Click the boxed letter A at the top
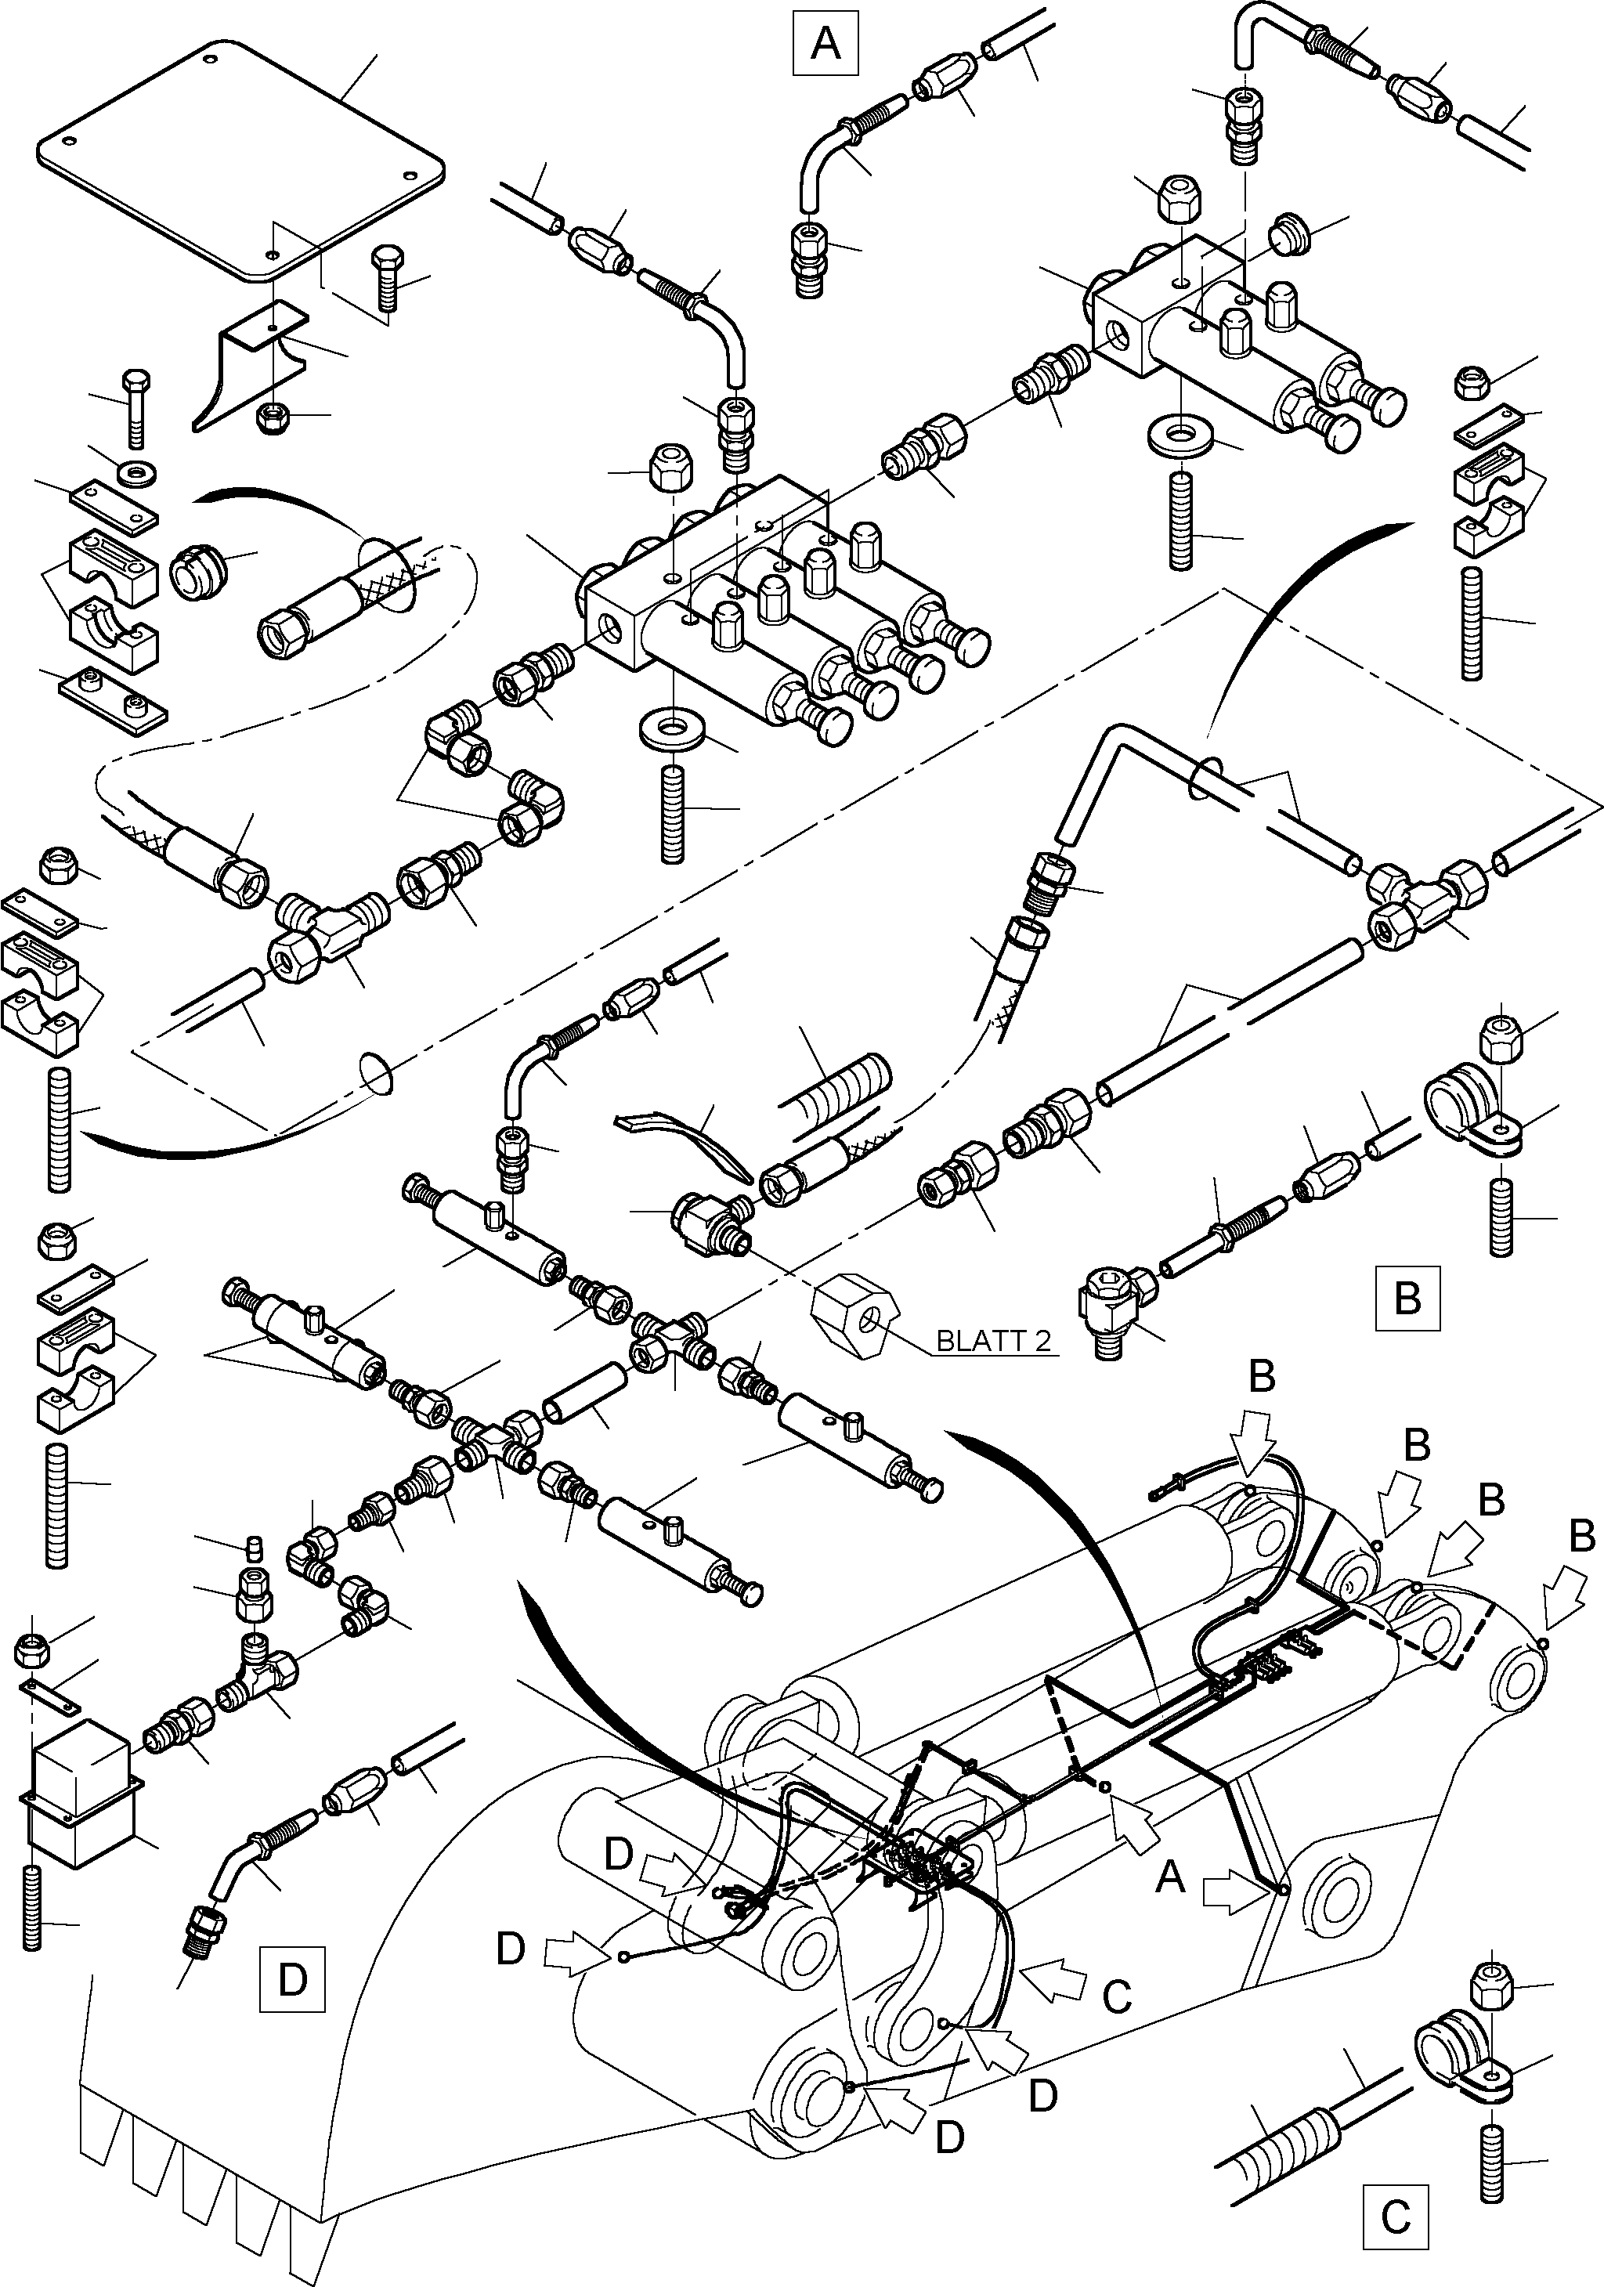pos(825,44)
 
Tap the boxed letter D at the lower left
pos(292,1980)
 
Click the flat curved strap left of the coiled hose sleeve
pos(688,1143)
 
